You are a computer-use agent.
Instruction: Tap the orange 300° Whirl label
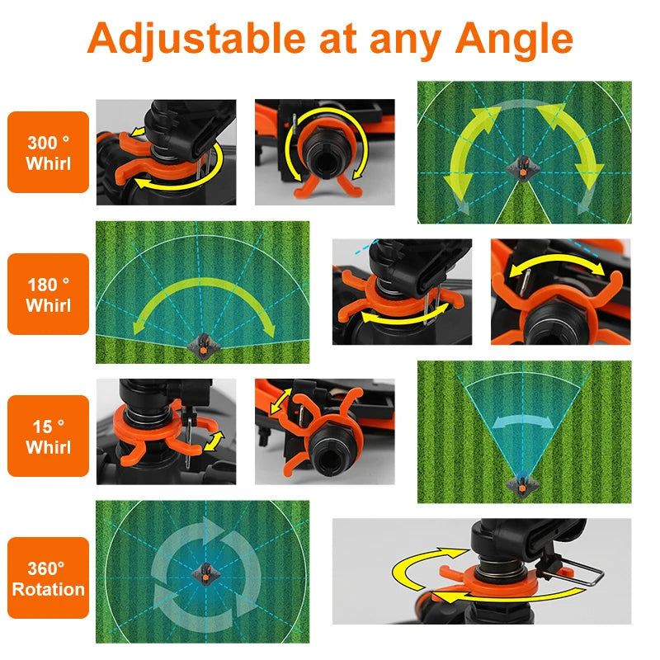(48, 153)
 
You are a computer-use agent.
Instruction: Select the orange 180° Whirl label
(48, 295)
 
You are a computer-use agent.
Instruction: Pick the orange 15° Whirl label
(48, 436)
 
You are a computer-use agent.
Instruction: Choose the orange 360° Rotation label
(48, 578)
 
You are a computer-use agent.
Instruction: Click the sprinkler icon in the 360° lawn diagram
(203, 572)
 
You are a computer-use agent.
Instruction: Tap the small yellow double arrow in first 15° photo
(212, 440)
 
